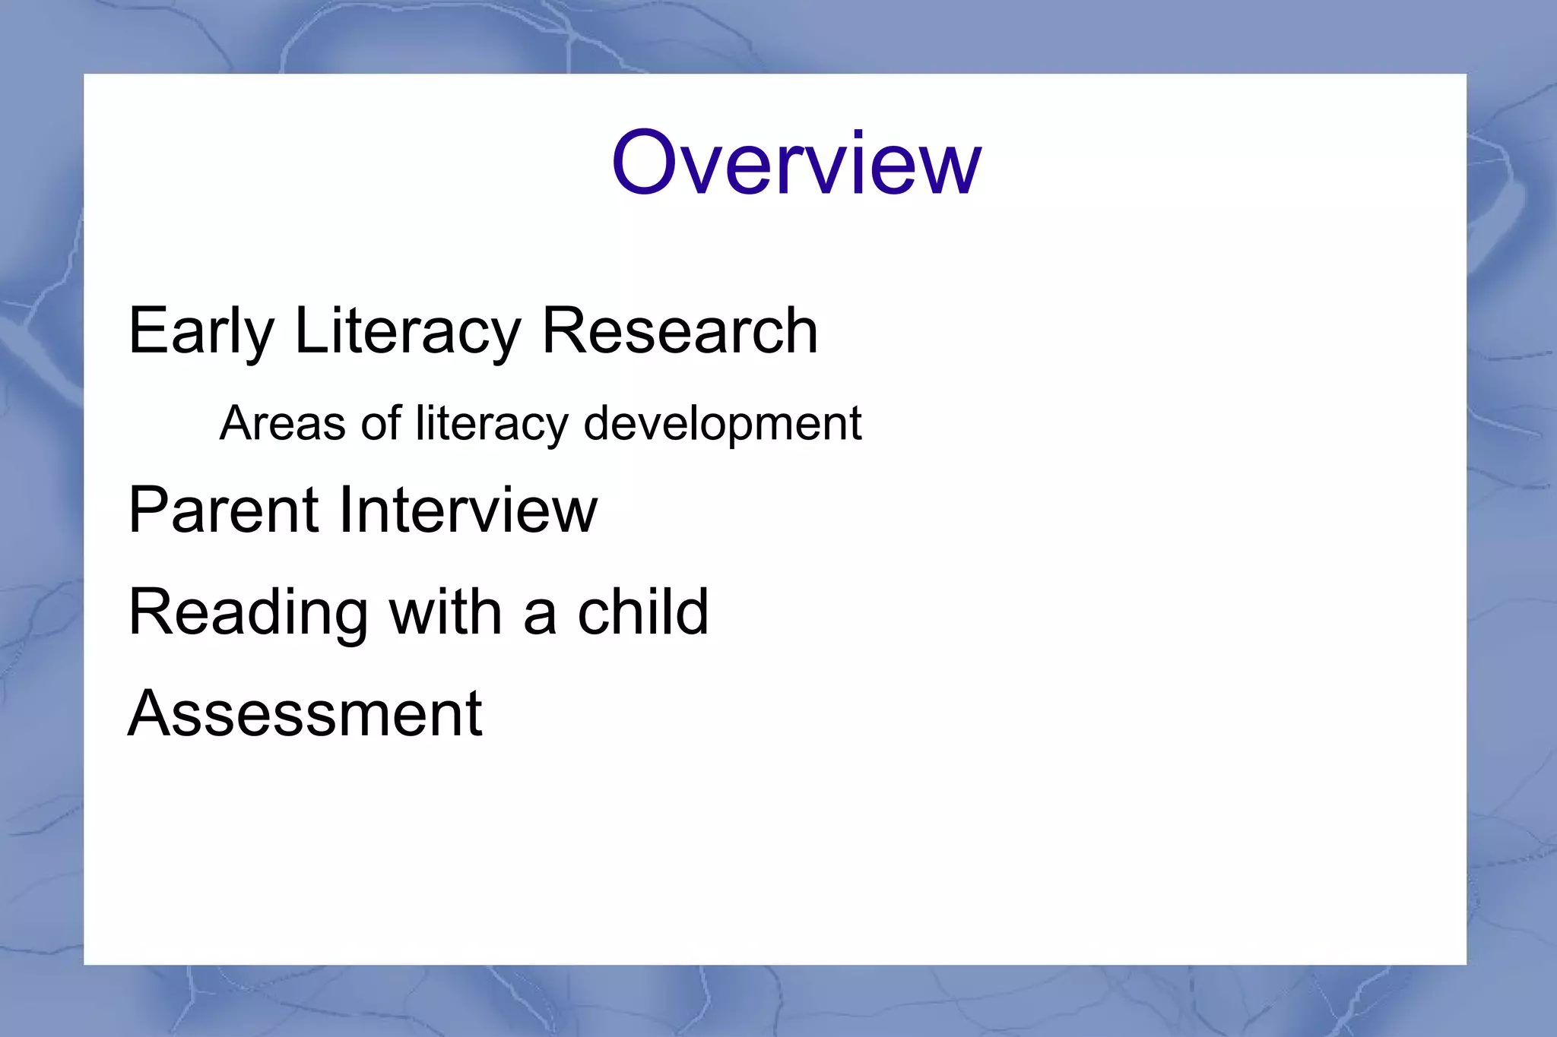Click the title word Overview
[x=796, y=163]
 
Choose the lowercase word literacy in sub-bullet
[x=492, y=424]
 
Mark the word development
[x=722, y=424]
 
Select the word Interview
[x=468, y=510]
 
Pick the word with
[x=446, y=612]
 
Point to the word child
[x=642, y=612]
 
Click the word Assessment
[x=305, y=713]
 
